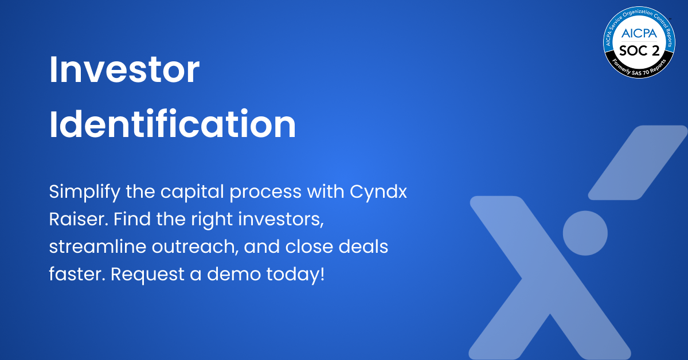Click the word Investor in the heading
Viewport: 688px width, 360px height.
click(124, 72)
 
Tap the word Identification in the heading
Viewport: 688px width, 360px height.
click(173, 124)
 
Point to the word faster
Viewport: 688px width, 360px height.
click(76, 273)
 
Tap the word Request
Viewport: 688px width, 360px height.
click(143, 275)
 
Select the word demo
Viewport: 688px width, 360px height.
click(224, 273)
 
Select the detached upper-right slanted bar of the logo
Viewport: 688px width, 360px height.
click(638, 163)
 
